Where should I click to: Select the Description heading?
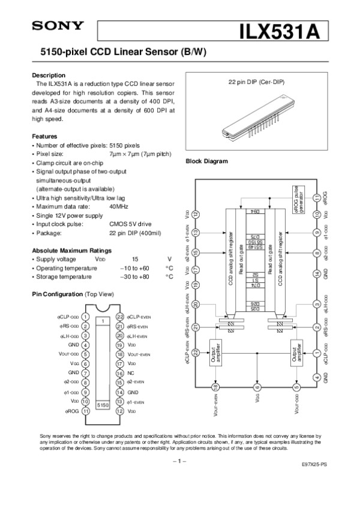(48, 76)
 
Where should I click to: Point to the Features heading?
(44, 137)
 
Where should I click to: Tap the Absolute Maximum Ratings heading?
(71, 250)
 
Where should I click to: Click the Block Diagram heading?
(207, 162)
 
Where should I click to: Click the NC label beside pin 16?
(131, 373)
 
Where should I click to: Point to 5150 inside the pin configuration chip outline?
(103, 405)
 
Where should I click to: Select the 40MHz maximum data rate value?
(119, 206)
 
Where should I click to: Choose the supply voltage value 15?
(118, 259)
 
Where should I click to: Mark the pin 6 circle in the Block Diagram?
(257, 387)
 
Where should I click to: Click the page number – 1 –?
(180, 460)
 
